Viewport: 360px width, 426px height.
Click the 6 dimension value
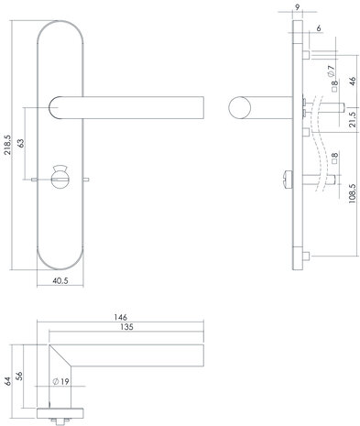point(319,29)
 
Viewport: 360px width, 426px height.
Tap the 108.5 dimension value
point(355,194)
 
